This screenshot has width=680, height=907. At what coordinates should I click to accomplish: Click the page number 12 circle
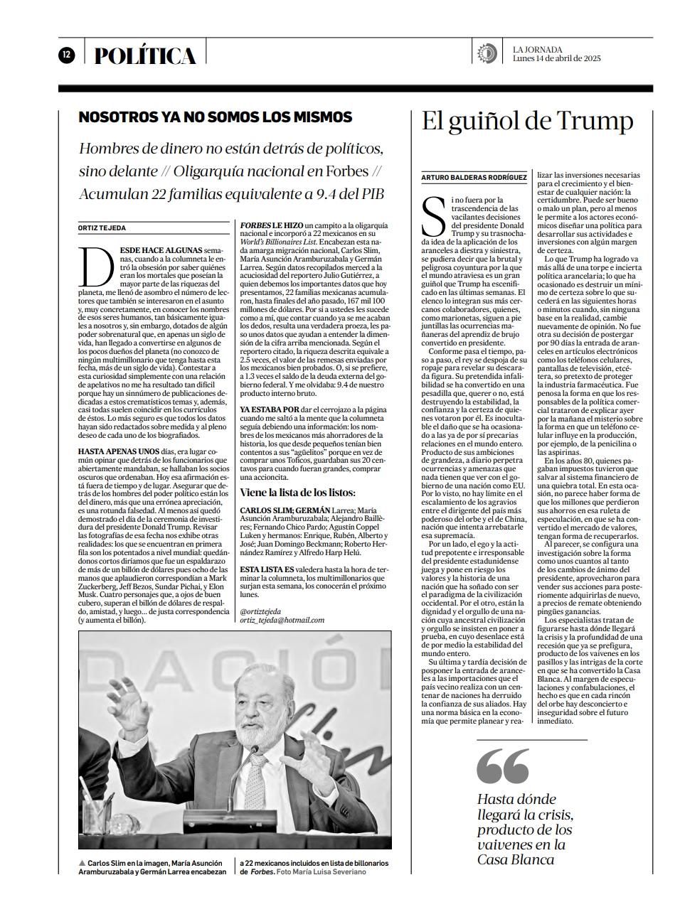(x=66, y=55)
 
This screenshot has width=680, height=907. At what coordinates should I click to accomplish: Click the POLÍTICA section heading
(x=144, y=56)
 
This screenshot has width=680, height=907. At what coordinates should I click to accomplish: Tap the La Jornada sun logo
(x=487, y=53)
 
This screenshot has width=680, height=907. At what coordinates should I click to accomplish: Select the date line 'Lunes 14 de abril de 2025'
(x=556, y=59)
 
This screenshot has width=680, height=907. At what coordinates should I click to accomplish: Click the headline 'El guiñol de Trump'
(x=527, y=121)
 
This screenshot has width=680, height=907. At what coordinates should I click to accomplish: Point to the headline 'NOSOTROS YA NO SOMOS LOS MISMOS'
(x=216, y=117)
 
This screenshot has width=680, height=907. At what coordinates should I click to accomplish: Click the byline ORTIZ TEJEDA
(x=102, y=228)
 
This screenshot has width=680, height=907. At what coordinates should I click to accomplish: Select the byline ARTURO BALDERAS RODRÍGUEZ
(x=474, y=178)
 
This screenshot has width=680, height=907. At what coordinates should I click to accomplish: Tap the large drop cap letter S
(x=433, y=217)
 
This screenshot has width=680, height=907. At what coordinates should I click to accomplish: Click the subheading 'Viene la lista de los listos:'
(x=297, y=493)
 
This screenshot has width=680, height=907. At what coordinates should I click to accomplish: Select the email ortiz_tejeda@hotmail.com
(x=282, y=620)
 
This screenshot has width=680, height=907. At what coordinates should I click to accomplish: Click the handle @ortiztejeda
(x=260, y=611)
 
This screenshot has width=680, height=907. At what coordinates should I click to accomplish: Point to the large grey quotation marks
(x=503, y=766)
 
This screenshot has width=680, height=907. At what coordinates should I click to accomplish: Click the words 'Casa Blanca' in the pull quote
(x=516, y=859)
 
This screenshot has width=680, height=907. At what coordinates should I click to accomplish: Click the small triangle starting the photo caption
(x=82, y=863)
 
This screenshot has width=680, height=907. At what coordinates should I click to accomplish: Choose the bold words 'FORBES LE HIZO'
(x=272, y=225)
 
